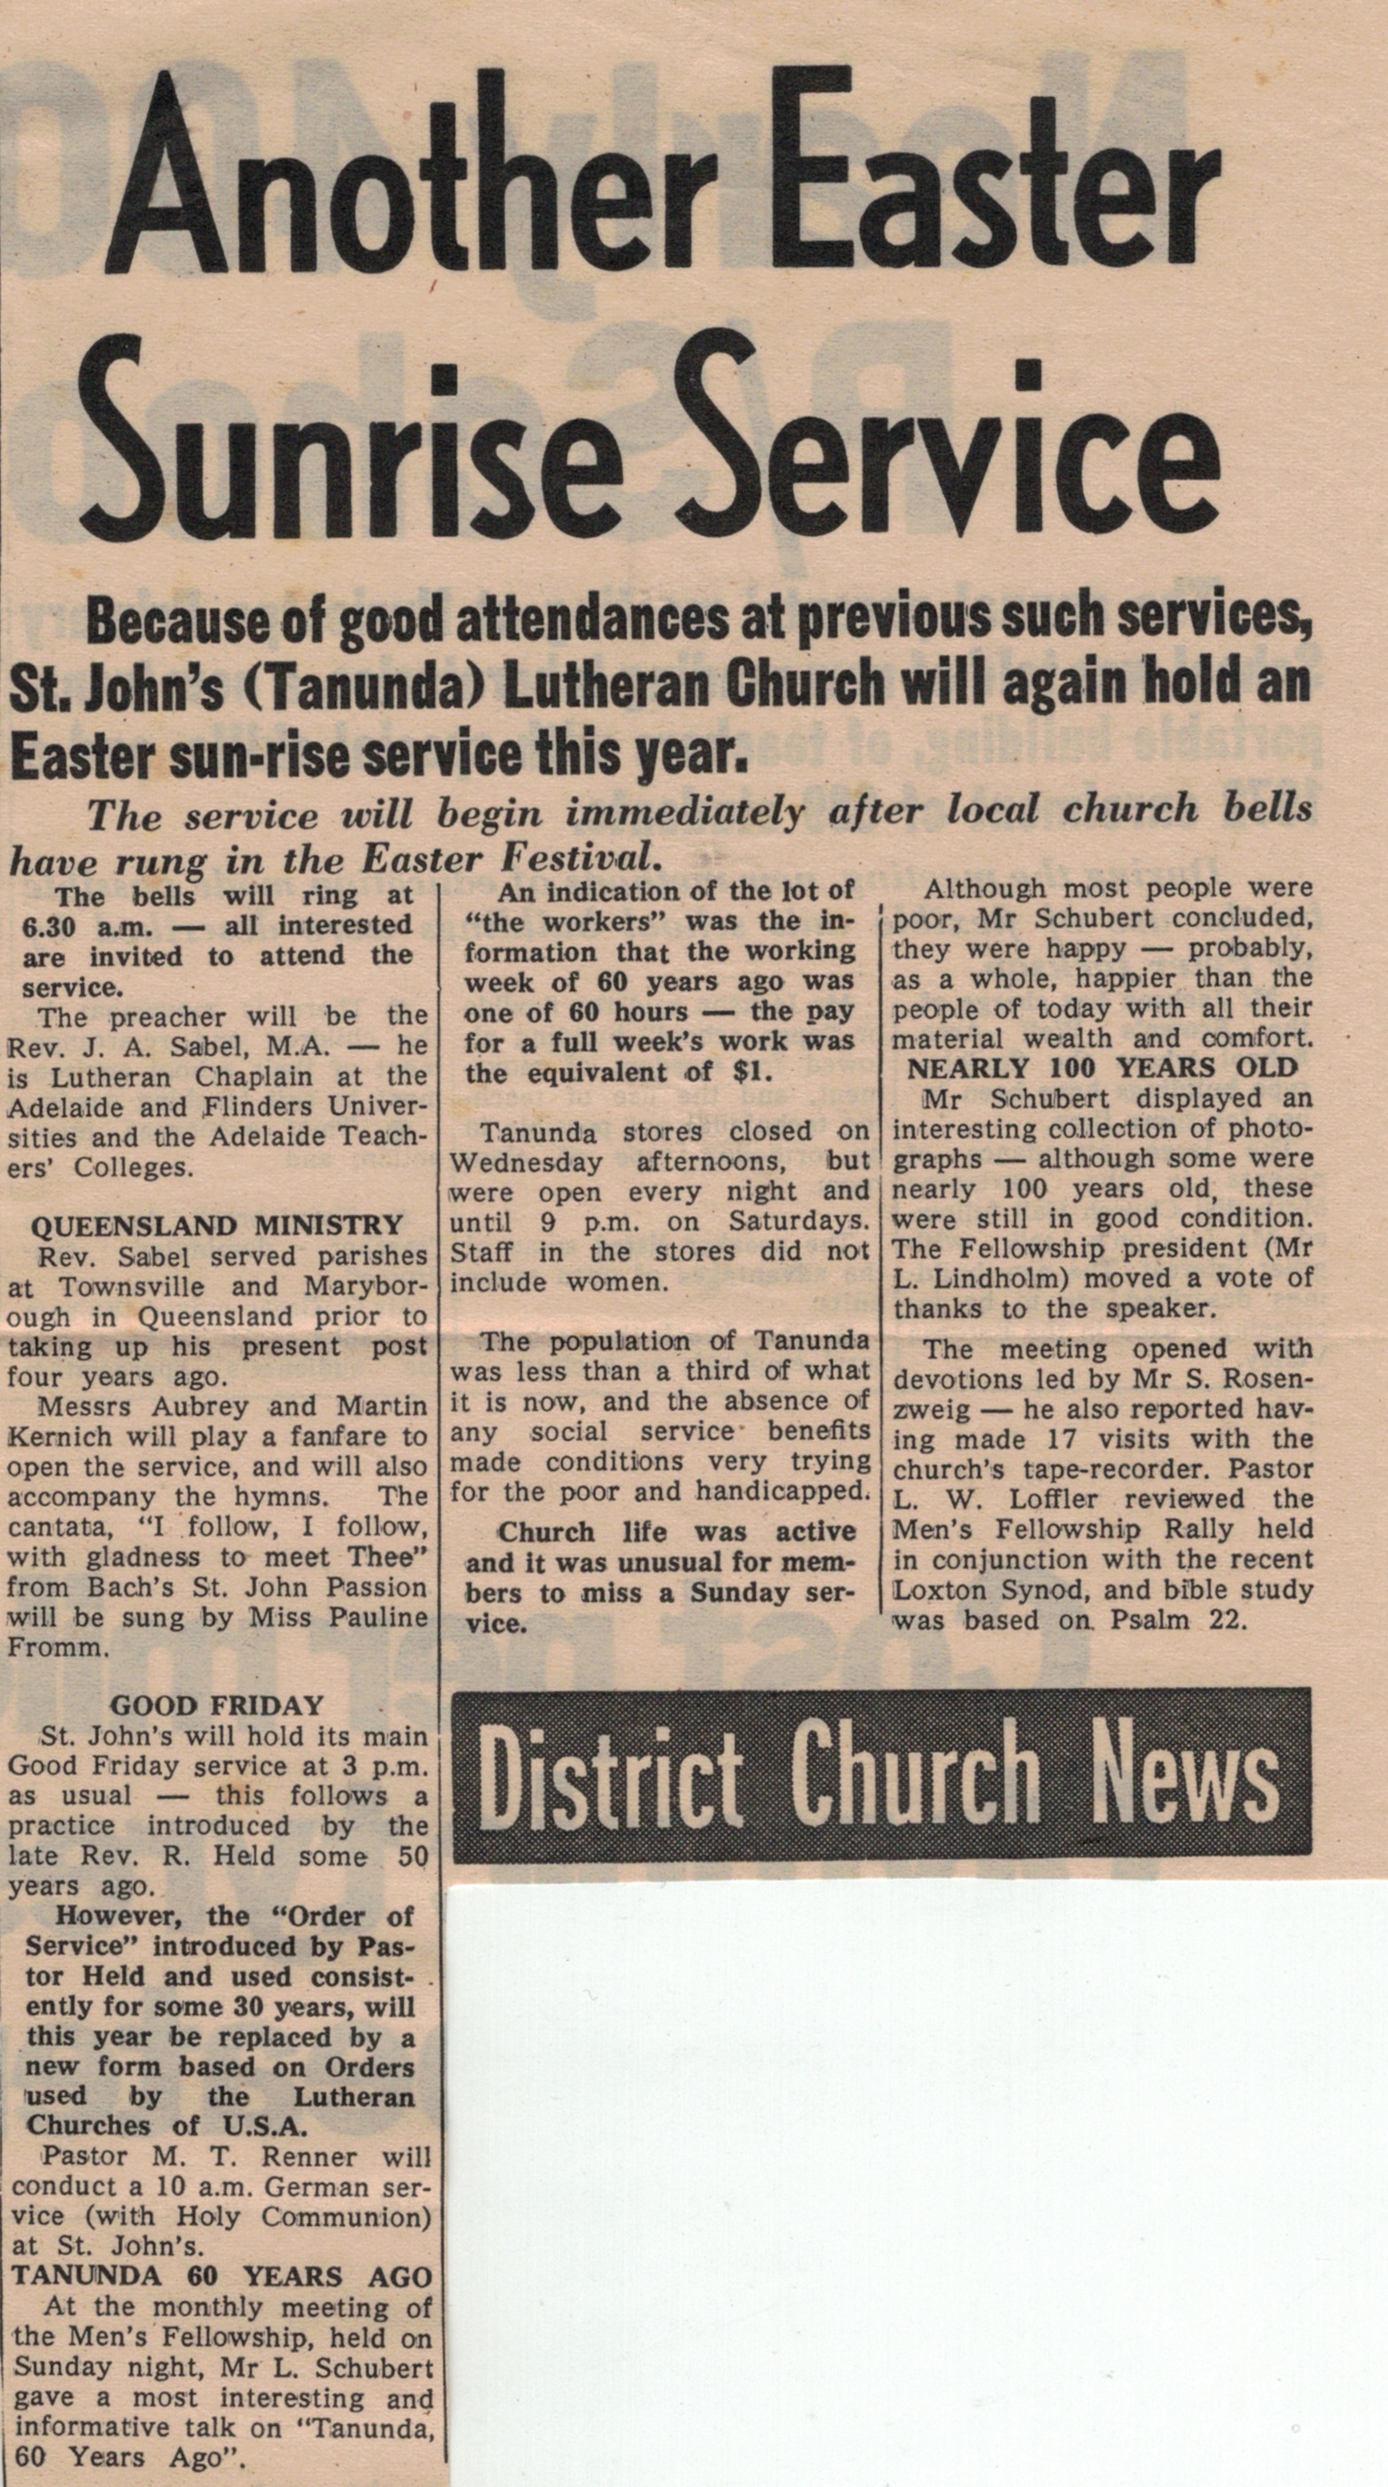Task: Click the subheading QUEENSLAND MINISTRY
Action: (217, 1225)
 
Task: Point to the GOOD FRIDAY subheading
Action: (217, 1706)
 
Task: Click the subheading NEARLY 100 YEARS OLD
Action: (1103, 1068)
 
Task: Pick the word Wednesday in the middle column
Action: (526, 1161)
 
